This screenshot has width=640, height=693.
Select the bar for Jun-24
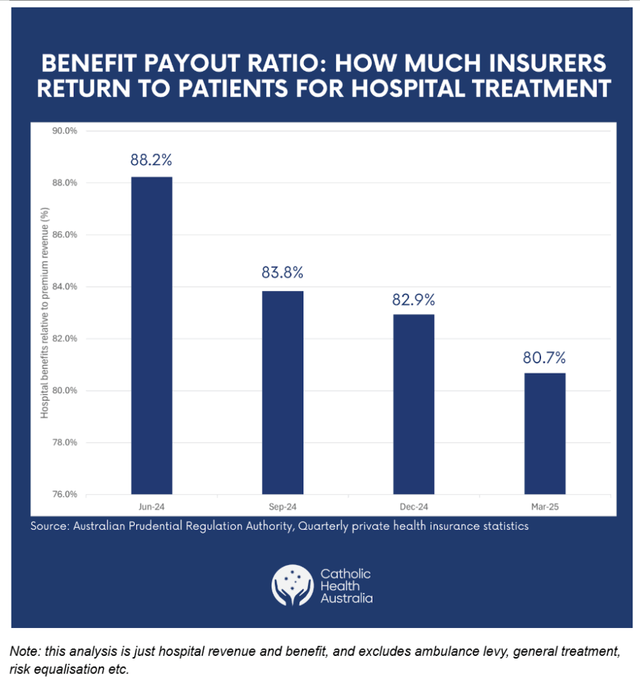tap(152, 335)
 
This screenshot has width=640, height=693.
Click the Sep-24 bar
tap(282, 393)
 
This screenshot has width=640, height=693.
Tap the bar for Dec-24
tap(414, 404)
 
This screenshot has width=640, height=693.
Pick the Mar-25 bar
tap(545, 433)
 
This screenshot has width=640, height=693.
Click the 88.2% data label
tap(152, 160)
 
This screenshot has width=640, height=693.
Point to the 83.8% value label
tap(282, 273)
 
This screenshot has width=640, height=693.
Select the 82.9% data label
tap(413, 299)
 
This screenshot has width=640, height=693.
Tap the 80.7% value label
tap(544, 357)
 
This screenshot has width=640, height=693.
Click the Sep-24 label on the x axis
tap(282, 506)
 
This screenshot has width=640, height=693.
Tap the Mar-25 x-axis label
tap(545, 506)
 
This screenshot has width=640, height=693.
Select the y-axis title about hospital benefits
tap(45, 313)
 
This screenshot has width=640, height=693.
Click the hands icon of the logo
tap(293, 585)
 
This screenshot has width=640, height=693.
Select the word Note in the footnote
tap(23, 652)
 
